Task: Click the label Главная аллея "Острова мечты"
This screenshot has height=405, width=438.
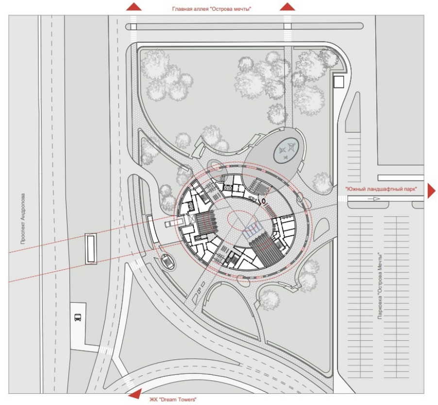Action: pos(212,9)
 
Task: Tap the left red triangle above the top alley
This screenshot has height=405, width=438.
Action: pos(134,7)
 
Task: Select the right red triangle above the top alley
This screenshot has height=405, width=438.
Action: pos(287,7)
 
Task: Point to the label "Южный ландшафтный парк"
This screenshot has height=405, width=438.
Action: pos(381,189)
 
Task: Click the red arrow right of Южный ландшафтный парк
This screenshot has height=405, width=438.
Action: pos(431,191)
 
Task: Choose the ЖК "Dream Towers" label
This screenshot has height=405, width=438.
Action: pos(173,399)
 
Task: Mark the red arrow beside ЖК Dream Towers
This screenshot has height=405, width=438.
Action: pos(135,394)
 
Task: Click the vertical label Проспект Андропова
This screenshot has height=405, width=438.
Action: pos(23,218)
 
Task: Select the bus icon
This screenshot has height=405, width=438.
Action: pos(78,317)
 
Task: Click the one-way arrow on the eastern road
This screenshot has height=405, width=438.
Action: pos(374,199)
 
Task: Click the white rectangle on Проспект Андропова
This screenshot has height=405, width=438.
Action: pos(90,249)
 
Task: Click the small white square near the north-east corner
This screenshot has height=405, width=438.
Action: pos(338,82)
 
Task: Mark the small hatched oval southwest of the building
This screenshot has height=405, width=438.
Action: pos(167,262)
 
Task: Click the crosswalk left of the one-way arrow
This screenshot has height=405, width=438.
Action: pos(342,198)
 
